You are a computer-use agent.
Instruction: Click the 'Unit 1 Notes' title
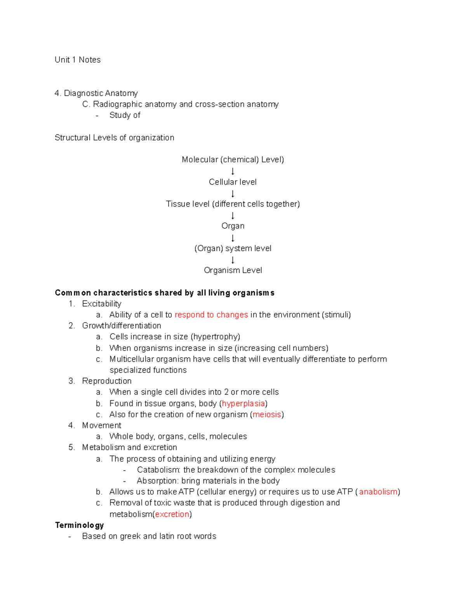click(78, 60)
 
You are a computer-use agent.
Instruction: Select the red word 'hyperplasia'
click(243, 403)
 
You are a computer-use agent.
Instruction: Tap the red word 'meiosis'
click(267, 414)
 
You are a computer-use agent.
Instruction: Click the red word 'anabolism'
click(378, 492)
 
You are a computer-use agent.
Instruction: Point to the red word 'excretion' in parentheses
click(172, 514)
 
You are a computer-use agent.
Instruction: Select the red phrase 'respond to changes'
click(211, 315)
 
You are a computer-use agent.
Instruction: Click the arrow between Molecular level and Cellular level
click(233, 171)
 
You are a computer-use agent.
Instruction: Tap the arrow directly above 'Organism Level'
click(233, 260)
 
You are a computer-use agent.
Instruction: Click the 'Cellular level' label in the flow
click(233, 182)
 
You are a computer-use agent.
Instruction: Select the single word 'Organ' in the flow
click(233, 226)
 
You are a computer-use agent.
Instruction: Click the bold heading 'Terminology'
click(80, 525)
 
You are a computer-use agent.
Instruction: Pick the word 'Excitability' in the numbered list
click(102, 304)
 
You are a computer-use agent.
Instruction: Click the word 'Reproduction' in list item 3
click(107, 381)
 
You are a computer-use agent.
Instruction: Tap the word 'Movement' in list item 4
click(102, 425)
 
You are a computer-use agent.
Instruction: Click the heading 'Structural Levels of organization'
click(115, 137)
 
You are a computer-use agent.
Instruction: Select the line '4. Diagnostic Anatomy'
click(96, 93)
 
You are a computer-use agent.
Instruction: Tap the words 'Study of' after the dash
click(125, 115)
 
